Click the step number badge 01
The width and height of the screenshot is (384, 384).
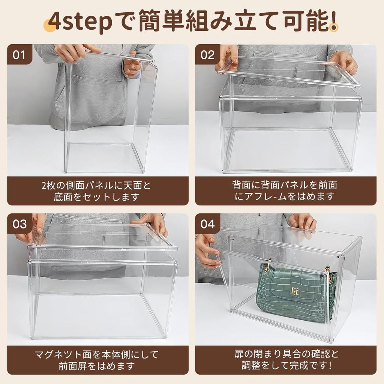click(19, 55)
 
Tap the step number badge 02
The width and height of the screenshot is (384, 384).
click(207, 55)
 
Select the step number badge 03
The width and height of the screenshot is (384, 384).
click(20, 224)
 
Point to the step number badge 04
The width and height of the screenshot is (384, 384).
click(207, 224)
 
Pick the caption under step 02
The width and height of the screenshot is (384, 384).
click(285, 190)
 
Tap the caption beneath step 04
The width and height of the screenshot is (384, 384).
click(286, 360)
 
